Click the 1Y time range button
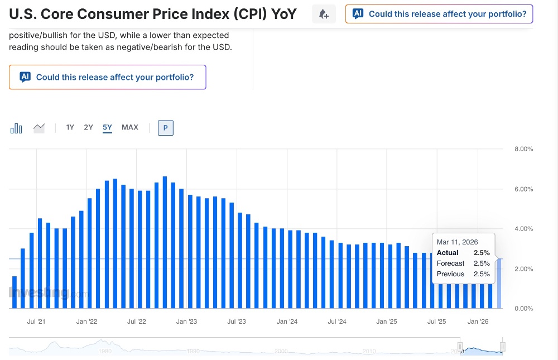pyautogui.click(x=70, y=127)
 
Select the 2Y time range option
pyautogui.click(x=88, y=127)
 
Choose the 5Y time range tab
pyautogui.click(x=107, y=127)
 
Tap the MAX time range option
pyautogui.click(x=130, y=127)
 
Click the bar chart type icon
pyautogui.click(x=16, y=128)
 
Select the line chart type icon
pyautogui.click(x=39, y=128)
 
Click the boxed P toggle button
pyautogui.click(x=166, y=128)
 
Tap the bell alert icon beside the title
pyautogui.click(x=324, y=15)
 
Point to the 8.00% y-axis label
pyautogui.click(x=523, y=149)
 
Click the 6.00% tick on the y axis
pyautogui.click(x=523, y=189)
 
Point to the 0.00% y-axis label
pyautogui.click(x=523, y=309)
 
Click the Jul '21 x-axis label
pyautogui.click(x=36, y=321)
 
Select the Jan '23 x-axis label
pyautogui.click(x=186, y=321)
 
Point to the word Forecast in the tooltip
pyautogui.click(x=450, y=263)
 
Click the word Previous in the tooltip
pyautogui.click(x=450, y=274)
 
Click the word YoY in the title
pyautogui.click(x=283, y=14)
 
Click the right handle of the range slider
pyautogui.click(x=503, y=347)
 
